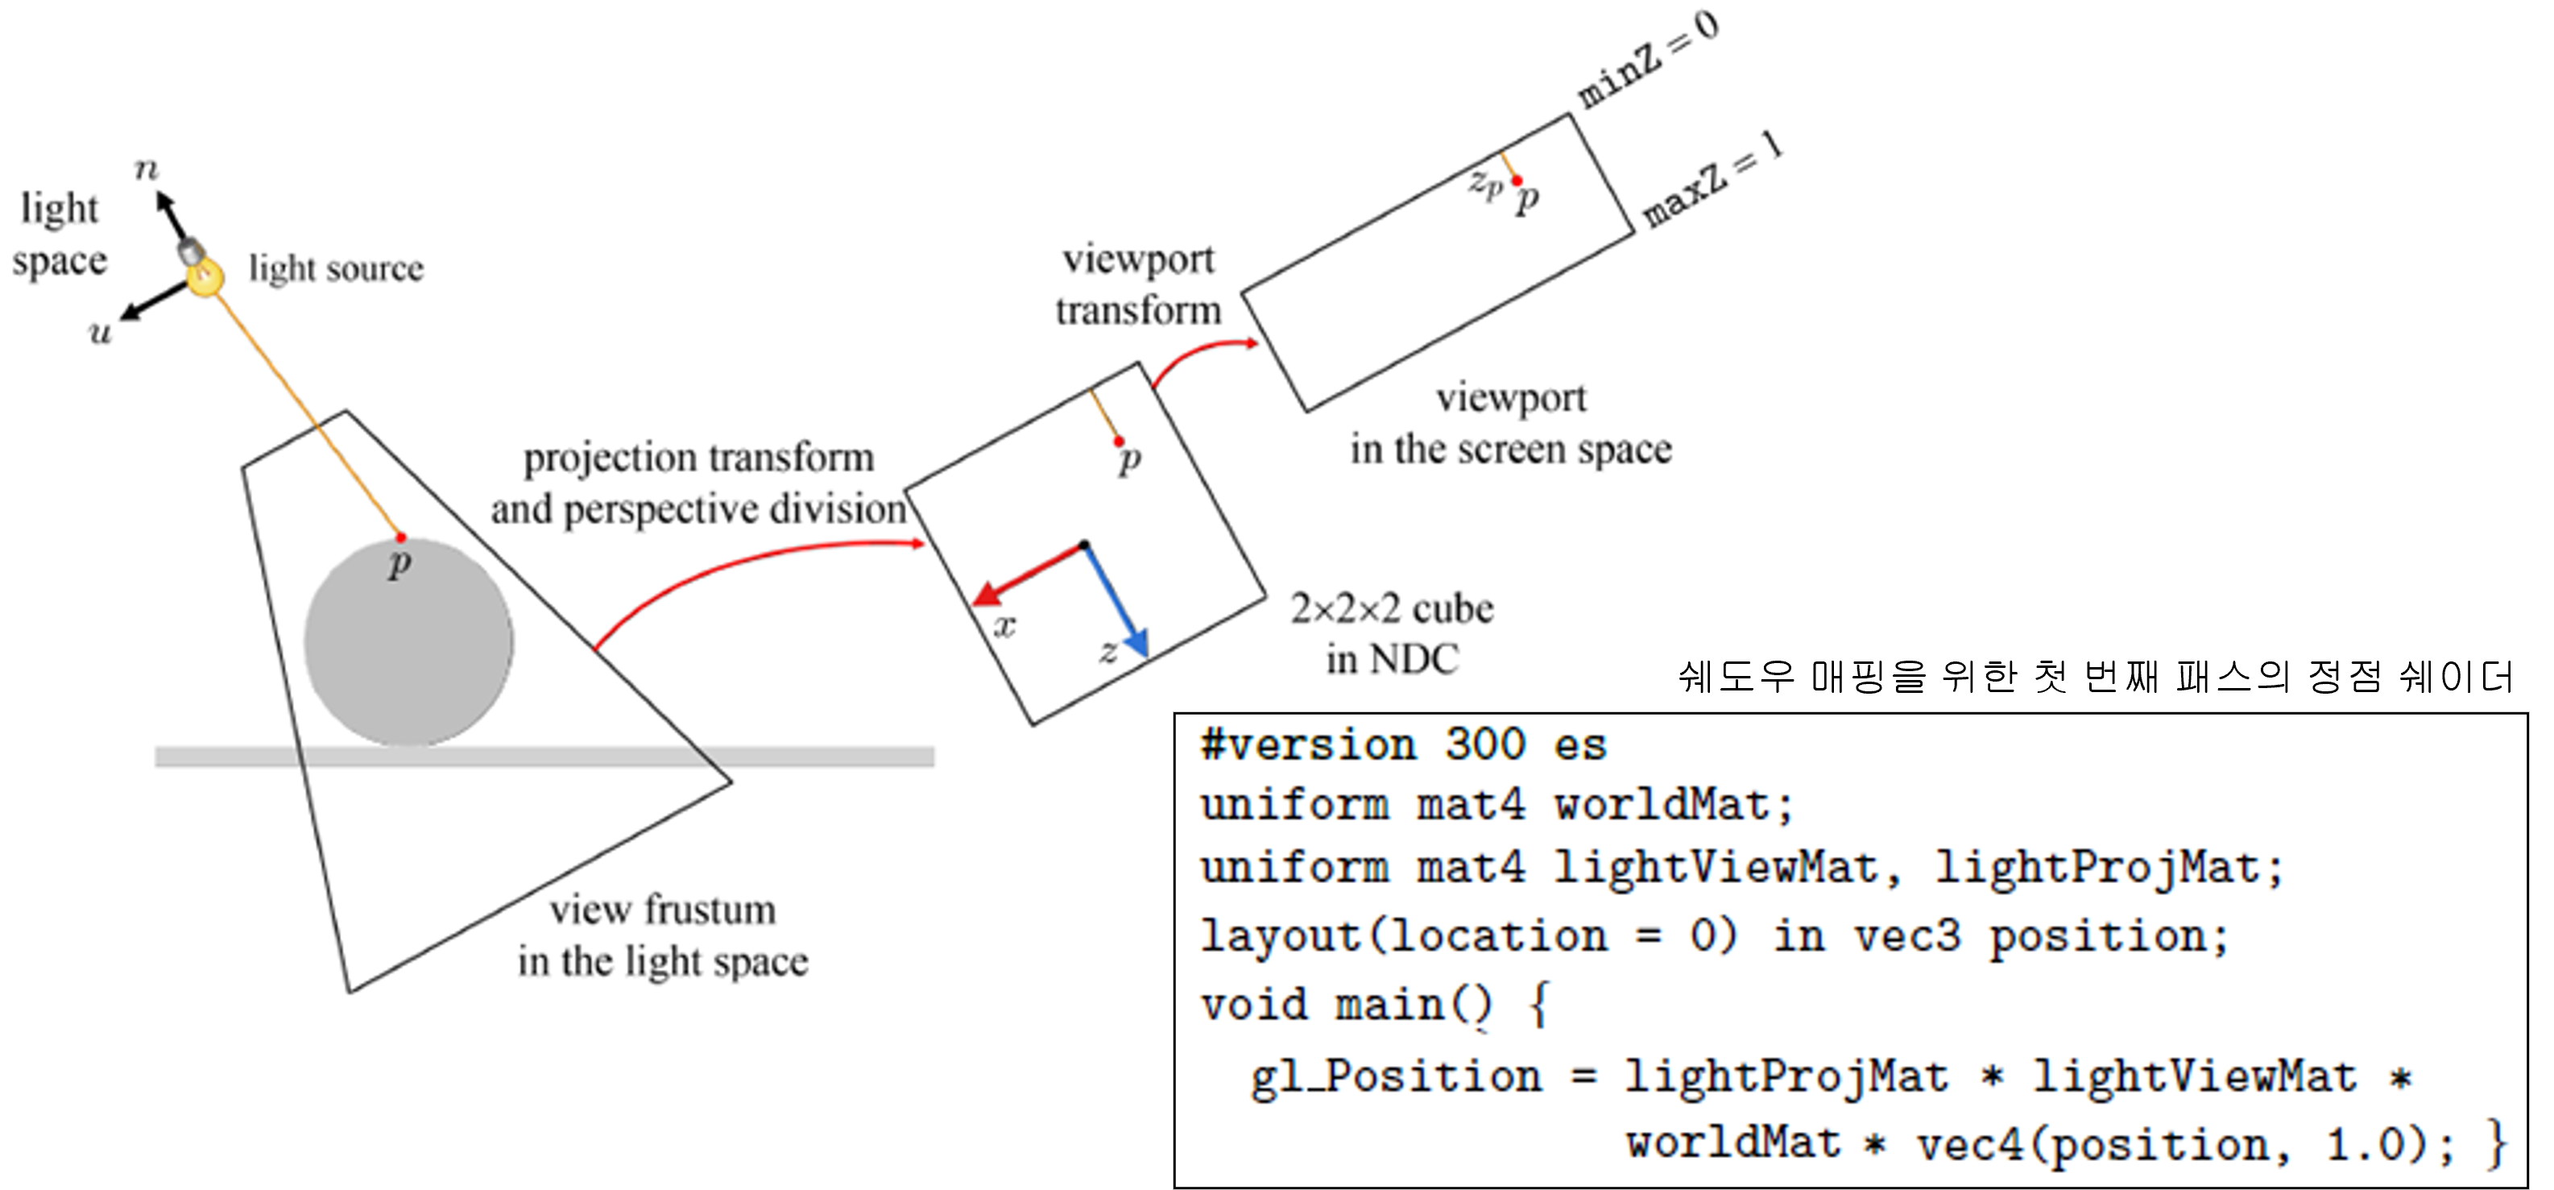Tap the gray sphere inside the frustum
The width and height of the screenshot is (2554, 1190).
point(408,643)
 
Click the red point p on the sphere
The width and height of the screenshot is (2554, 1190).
point(400,537)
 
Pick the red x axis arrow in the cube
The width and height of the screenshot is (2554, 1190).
point(1026,574)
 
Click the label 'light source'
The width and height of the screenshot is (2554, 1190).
point(336,267)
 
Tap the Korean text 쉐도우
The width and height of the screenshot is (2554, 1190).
point(1736,676)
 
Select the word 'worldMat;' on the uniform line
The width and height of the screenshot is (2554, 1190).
point(1674,805)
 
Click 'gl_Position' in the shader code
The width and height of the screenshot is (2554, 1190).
point(1396,1077)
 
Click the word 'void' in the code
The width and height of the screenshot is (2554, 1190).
point(1254,1005)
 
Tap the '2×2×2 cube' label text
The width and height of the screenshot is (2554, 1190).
point(1391,609)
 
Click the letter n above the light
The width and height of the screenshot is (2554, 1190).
point(146,169)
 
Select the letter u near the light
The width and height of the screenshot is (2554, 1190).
point(100,332)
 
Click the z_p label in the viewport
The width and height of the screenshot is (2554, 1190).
point(1485,184)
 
